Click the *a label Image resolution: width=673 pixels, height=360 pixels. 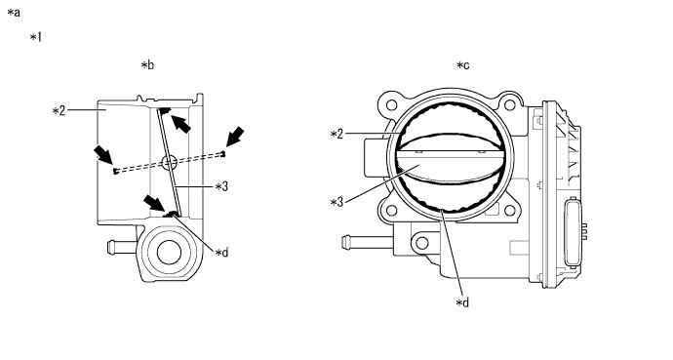pyautogui.click(x=14, y=13)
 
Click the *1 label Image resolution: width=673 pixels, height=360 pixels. pyautogui.click(x=36, y=37)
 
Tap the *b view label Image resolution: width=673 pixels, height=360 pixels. pyautogui.click(x=147, y=65)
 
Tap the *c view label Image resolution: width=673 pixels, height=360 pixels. pyautogui.click(x=462, y=65)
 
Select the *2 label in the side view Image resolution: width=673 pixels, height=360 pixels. pyautogui.click(x=59, y=111)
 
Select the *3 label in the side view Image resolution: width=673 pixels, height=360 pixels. pyautogui.click(x=221, y=186)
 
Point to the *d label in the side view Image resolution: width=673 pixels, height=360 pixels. pyautogui.click(x=221, y=253)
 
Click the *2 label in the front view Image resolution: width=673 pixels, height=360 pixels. pyautogui.click(x=336, y=135)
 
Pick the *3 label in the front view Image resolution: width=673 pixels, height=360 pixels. pyautogui.click(x=336, y=202)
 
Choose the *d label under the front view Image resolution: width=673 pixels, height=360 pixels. pyautogui.click(x=462, y=303)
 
